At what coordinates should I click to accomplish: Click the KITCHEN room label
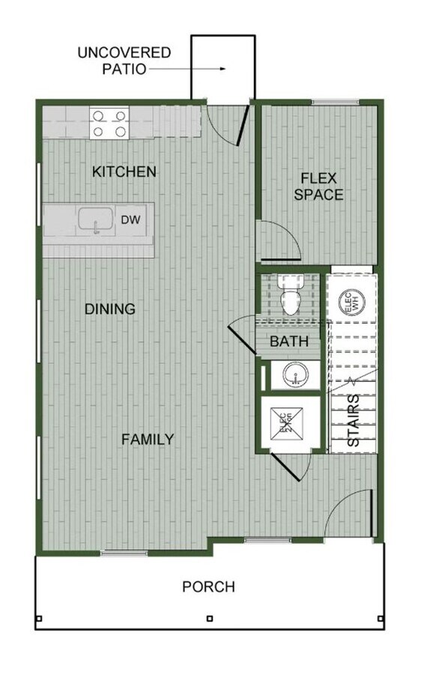[124, 171]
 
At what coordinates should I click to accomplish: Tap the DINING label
[109, 309]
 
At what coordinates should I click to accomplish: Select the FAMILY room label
[148, 439]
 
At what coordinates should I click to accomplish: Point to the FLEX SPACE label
[318, 186]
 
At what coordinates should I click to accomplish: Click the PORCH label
[208, 586]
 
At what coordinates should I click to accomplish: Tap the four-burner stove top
[109, 124]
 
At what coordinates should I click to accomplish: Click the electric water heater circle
[349, 303]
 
